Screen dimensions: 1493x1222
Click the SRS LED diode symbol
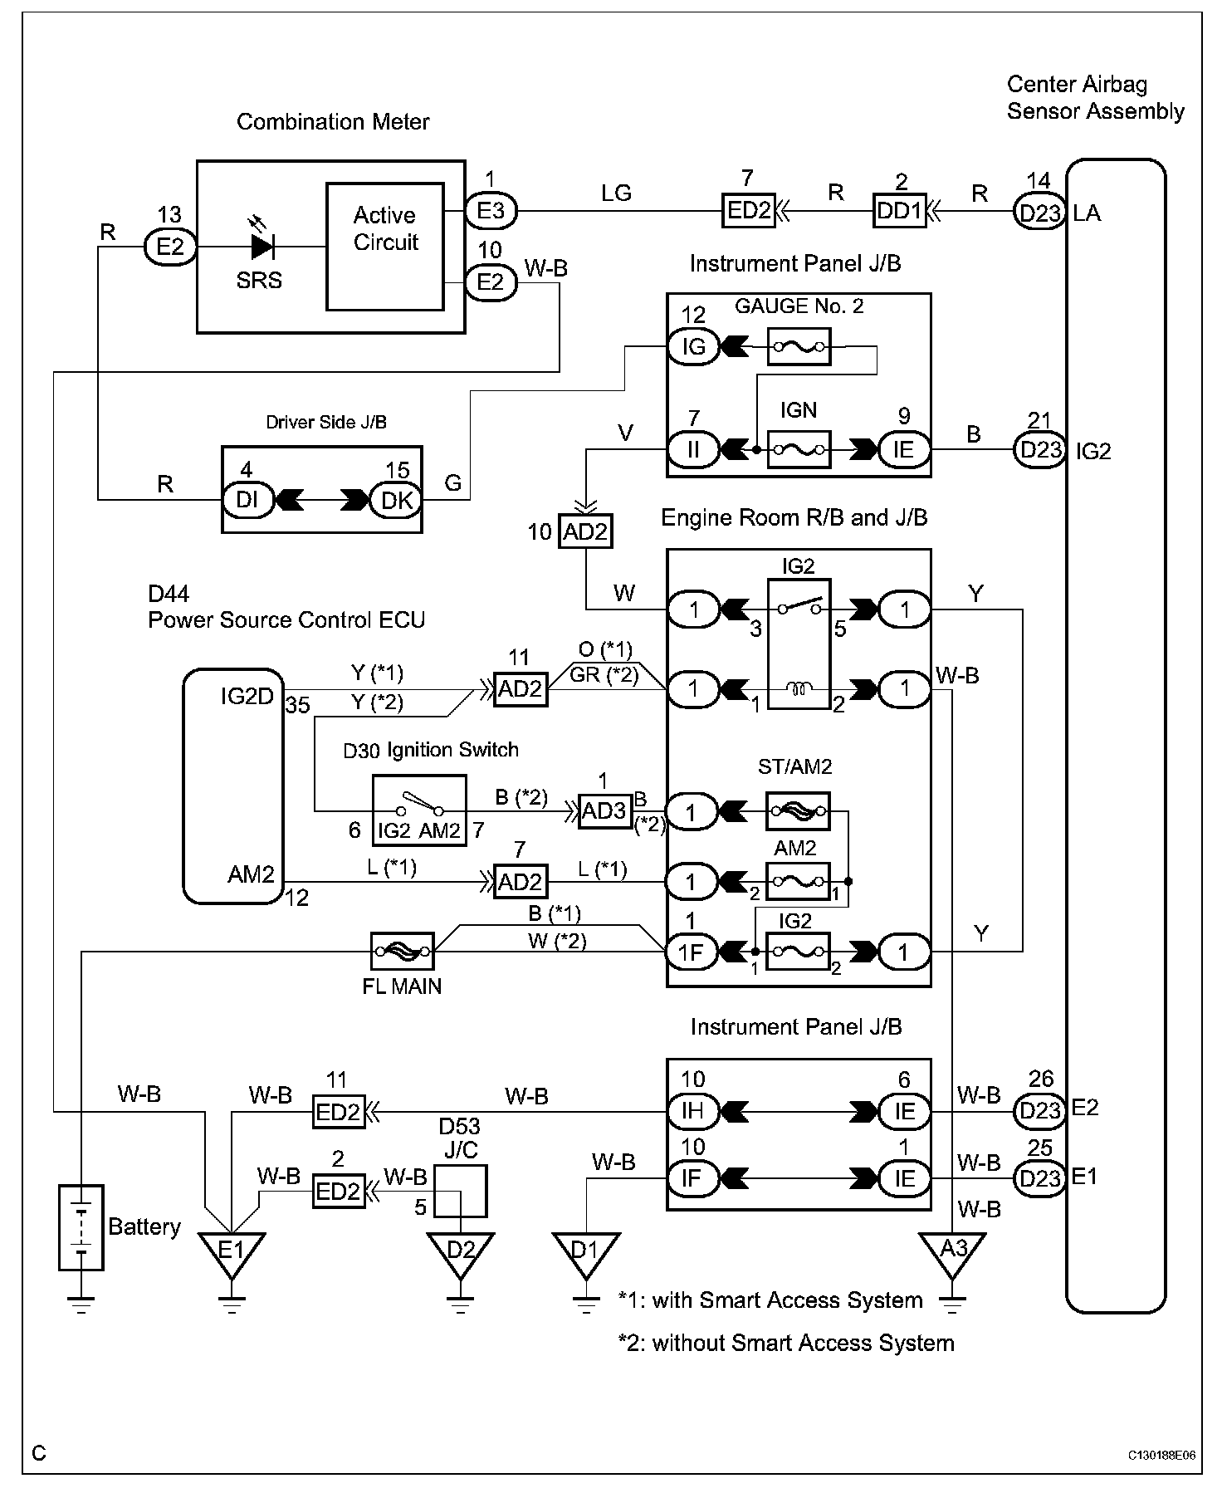pos(262,247)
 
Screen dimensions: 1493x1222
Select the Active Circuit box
pos(385,246)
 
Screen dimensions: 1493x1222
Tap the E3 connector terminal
pos(491,211)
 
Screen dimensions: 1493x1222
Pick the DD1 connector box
pos(899,211)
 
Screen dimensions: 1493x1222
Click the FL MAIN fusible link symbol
pos(402,951)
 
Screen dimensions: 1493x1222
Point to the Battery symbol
pos(81,1227)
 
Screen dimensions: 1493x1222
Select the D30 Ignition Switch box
pos(418,810)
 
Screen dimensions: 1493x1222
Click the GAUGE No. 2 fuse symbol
pos(799,346)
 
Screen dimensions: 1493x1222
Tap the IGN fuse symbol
pos(799,450)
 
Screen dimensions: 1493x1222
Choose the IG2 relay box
pos(799,644)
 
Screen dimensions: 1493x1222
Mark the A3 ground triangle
pos(952,1252)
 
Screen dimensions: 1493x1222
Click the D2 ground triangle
pos(460,1252)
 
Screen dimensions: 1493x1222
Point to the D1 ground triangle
pos(586,1252)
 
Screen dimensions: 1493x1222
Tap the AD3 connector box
pos(604,810)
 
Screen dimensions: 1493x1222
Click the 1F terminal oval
pos(691,952)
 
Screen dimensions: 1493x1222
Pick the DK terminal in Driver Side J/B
pos(397,501)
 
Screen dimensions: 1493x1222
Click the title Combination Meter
pos(333,122)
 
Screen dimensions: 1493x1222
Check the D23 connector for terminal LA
pos(1039,213)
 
